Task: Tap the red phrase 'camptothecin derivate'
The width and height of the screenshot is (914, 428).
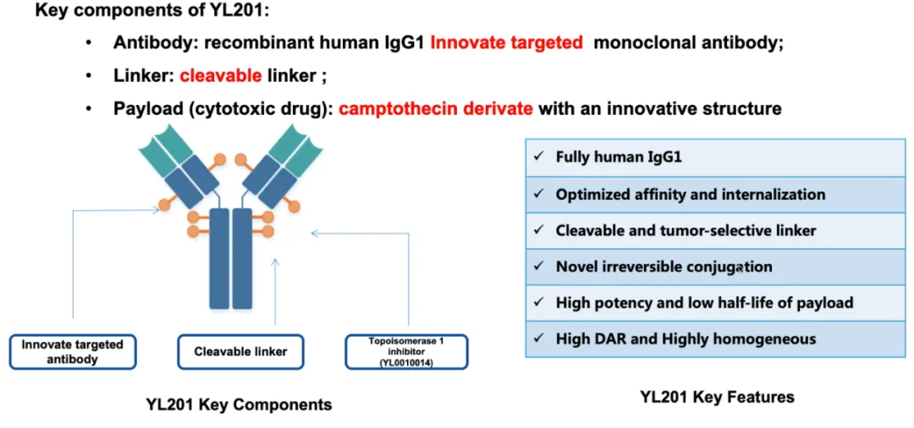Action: coord(436,109)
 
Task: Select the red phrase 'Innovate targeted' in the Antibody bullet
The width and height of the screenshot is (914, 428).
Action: coord(507,42)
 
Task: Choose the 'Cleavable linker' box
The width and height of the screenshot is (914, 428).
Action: coord(241,352)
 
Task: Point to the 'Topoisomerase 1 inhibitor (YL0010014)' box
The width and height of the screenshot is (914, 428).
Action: coord(406,352)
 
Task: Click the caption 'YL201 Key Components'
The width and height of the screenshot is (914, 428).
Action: coord(240,404)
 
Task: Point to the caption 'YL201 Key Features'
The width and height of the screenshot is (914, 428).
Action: coord(717,397)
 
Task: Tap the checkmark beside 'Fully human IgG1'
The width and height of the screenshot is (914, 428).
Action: coord(538,157)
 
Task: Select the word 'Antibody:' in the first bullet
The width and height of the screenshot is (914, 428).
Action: coord(151,42)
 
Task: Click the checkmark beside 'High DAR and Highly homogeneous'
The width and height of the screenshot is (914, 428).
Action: coord(538,339)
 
